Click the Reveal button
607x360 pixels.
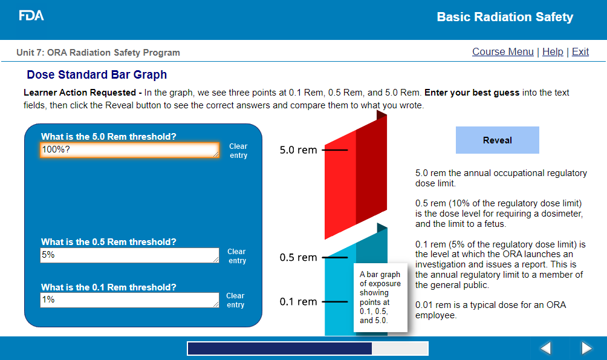point(497,140)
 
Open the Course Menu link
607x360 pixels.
point(503,51)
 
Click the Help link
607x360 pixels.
point(553,51)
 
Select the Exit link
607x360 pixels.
point(580,51)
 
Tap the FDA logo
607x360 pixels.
point(31,16)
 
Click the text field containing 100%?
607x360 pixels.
point(130,150)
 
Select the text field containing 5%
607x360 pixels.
point(130,255)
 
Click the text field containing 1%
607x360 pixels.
point(130,300)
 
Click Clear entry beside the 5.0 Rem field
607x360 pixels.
point(238,151)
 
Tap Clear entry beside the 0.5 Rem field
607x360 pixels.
point(237,256)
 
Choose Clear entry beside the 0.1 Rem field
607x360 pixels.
point(235,300)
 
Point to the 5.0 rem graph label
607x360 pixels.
point(298,150)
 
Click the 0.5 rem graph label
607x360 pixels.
point(298,257)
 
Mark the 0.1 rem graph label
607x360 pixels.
point(298,301)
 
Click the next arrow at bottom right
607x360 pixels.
point(586,348)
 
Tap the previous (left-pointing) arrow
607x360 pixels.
point(545,348)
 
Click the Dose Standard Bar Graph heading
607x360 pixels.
point(97,74)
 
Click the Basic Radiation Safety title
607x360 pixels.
point(505,17)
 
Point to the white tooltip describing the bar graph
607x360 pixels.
point(380,298)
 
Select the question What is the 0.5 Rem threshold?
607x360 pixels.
point(108,242)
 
